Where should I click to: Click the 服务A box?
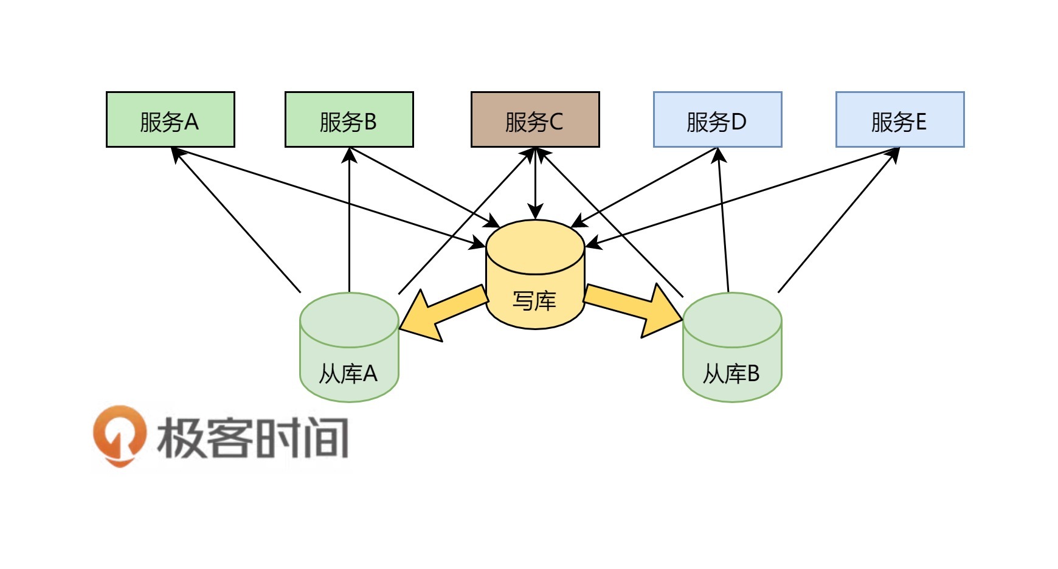coord(170,120)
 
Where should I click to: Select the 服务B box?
coord(349,120)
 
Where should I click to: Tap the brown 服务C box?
coord(535,120)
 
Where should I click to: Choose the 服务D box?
coord(717,120)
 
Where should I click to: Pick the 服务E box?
coord(900,120)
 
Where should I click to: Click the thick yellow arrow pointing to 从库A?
coord(441,314)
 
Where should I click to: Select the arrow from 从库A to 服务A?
coord(237,220)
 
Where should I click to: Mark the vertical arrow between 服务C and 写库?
coord(535,182)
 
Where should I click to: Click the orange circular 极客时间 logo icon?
coord(120,435)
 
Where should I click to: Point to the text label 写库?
coord(534,301)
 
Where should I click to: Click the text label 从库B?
coord(731,374)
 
